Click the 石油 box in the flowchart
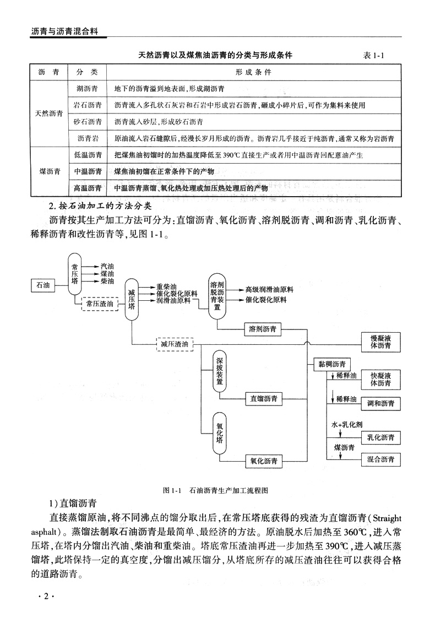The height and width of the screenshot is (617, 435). coord(42,285)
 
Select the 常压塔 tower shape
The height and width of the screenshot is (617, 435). coord(75,274)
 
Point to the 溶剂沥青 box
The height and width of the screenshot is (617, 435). coord(263,329)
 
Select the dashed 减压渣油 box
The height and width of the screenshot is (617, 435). coord(175,344)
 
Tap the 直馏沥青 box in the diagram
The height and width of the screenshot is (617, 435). coord(264,398)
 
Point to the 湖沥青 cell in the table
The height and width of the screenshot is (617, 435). coord(87,88)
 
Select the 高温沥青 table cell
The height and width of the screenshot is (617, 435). coord(87,188)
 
